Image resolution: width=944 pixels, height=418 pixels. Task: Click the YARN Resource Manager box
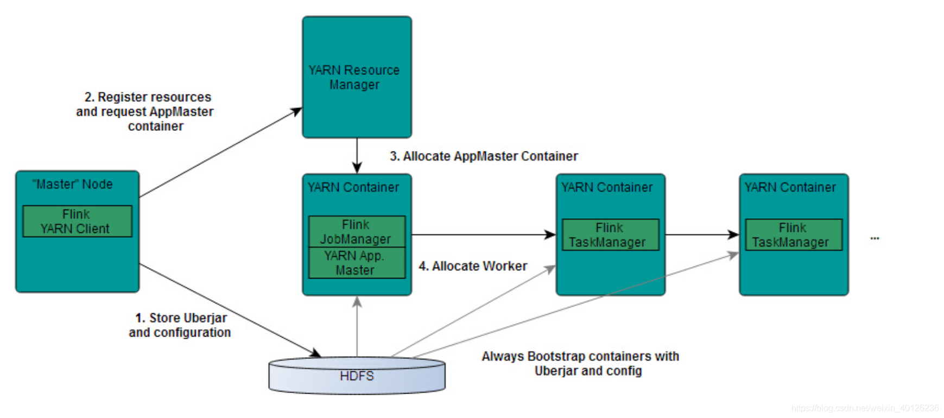[357, 77]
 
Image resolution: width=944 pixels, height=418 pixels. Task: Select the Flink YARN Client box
[77, 221]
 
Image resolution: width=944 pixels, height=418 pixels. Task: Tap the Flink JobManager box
[357, 232]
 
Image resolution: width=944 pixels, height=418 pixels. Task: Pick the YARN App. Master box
[357, 263]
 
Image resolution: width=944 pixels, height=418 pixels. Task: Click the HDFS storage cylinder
[357, 375]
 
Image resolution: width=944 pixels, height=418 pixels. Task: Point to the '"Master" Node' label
[72, 185]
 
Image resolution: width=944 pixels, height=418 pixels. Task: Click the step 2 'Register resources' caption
[145, 111]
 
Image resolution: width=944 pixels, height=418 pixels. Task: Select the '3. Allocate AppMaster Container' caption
[484, 156]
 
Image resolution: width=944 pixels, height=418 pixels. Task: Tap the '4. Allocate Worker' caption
[473, 266]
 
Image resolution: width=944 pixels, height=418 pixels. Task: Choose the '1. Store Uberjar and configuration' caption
[180, 325]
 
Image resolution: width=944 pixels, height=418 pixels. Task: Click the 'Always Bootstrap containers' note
[580, 364]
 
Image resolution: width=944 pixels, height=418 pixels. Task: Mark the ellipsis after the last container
[875, 238]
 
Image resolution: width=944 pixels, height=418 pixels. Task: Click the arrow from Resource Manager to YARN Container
[357, 156]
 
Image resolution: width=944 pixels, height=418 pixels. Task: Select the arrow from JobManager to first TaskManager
[484, 235]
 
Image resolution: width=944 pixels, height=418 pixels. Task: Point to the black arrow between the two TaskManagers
[702, 235]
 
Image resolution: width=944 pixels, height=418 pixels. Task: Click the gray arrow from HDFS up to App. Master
[357, 326]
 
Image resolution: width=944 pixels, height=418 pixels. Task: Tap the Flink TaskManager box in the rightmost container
[794, 235]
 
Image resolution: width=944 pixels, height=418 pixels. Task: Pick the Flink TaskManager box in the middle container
[611, 235]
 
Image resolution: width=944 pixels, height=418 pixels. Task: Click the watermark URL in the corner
[865, 408]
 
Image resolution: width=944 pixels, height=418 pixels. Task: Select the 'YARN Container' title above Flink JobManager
[353, 187]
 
